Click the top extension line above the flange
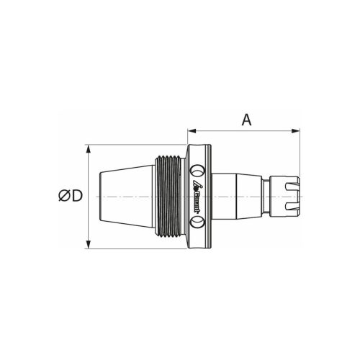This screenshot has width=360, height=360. [x=137, y=145]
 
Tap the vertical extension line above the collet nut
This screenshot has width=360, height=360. [x=297, y=155]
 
